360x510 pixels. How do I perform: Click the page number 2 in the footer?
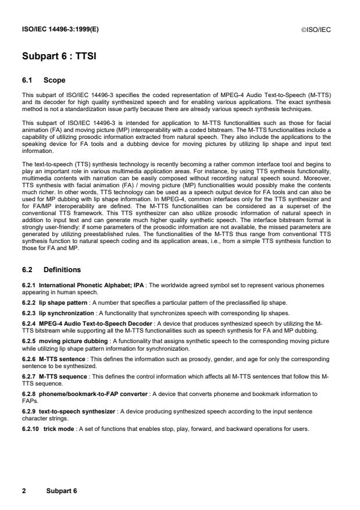click(24, 491)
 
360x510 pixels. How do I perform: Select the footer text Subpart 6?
click(58, 491)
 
